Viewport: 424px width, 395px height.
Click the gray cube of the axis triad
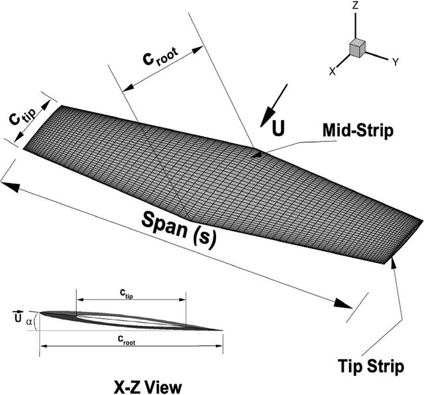click(x=358, y=48)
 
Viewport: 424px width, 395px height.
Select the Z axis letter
click(x=355, y=5)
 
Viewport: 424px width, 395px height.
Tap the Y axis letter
click(x=396, y=62)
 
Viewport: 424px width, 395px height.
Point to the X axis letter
click(x=333, y=71)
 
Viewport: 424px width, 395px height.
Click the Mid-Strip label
click(x=358, y=131)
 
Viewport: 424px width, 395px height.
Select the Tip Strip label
click(x=371, y=366)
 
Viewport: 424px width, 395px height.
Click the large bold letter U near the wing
click(x=278, y=128)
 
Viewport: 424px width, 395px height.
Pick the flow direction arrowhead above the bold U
click(x=266, y=116)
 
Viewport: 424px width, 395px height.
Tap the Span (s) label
click(x=179, y=228)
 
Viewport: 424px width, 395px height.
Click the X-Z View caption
click(x=148, y=387)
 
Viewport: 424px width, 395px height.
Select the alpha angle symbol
click(x=29, y=321)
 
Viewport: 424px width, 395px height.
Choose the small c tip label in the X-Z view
click(x=127, y=293)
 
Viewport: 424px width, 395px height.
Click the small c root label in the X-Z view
click(x=127, y=340)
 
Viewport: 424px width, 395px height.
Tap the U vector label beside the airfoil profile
click(x=17, y=316)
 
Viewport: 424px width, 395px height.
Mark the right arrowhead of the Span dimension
click(x=343, y=303)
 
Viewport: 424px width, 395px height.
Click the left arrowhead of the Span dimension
click(x=11, y=187)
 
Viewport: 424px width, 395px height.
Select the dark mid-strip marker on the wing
click(x=257, y=155)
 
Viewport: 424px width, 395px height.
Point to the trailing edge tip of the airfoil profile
click(x=223, y=330)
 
